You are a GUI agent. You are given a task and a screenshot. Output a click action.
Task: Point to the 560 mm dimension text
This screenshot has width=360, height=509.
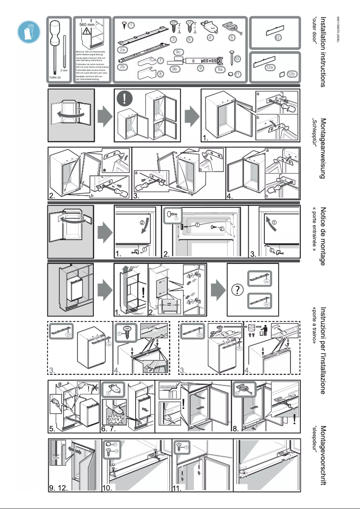[x=88, y=24]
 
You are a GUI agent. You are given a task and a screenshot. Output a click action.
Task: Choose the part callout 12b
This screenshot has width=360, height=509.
[x=291, y=74]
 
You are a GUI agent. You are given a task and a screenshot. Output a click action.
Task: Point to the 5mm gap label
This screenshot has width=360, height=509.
[x=55, y=457]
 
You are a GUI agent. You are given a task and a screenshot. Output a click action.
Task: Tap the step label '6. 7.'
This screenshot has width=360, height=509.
[x=110, y=429]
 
